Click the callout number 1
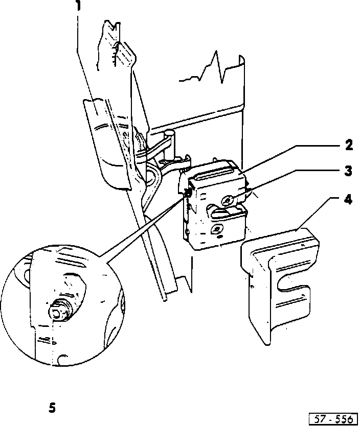(x=78, y=7)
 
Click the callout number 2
(x=348, y=145)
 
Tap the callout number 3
(x=348, y=171)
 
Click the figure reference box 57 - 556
(x=333, y=419)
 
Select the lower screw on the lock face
(x=217, y=229)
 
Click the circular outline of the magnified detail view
(x=14, y=306)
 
